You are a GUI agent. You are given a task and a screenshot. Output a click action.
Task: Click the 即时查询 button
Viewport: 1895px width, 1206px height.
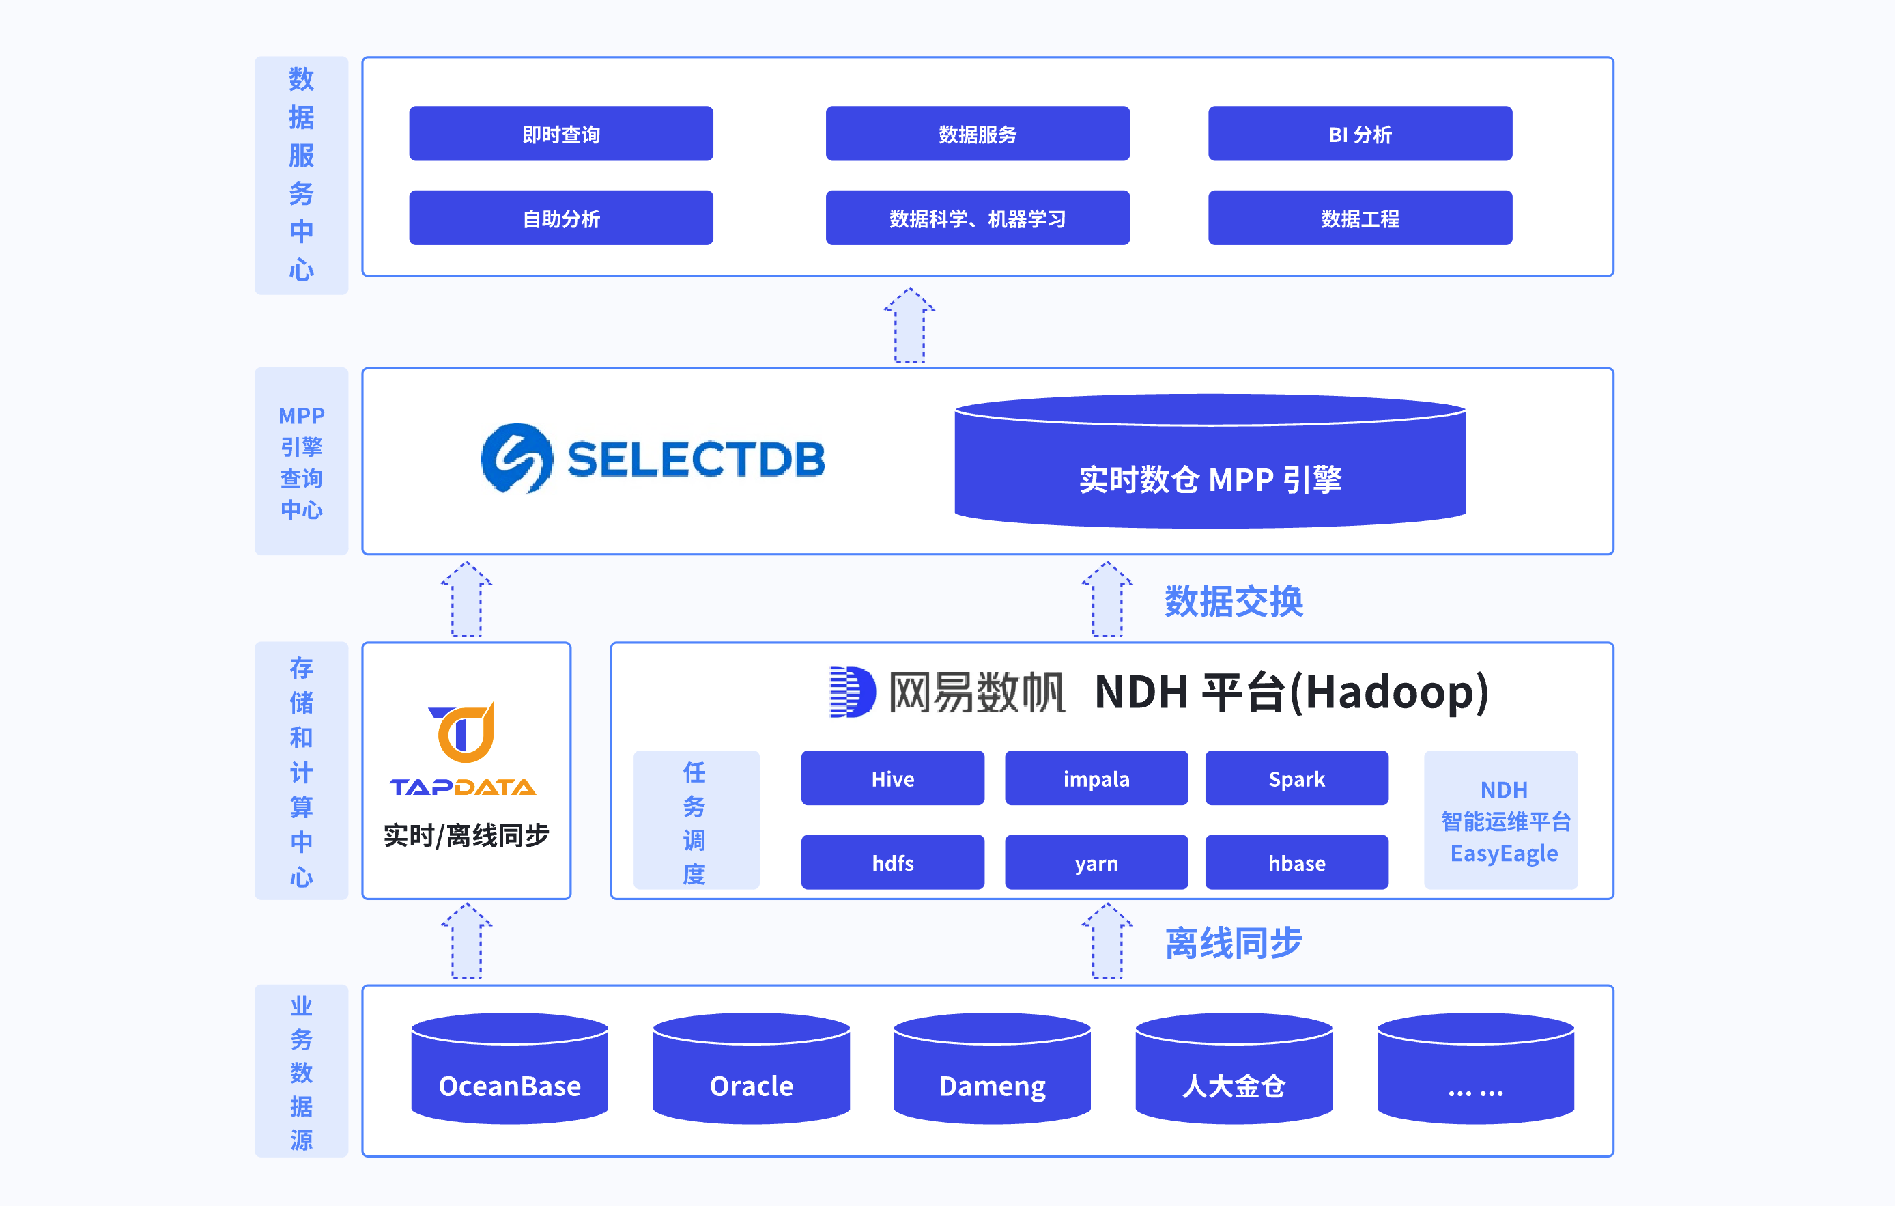(x=560, y=134)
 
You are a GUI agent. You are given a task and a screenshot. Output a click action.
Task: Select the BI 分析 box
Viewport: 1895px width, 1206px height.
(x=1359, y=134)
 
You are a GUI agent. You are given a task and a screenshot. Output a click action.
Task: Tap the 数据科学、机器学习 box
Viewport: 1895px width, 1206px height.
(x=977, y=218)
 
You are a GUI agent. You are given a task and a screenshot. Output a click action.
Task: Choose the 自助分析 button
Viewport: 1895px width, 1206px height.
(x=560, y=218)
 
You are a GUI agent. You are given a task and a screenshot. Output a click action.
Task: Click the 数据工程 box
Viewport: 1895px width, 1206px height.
(x=1359, y=218)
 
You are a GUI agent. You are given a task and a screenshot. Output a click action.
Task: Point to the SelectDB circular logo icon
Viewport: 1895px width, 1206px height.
(x=516, y=459)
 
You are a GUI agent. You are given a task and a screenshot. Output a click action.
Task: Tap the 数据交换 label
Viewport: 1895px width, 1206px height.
(x=1233, y=602)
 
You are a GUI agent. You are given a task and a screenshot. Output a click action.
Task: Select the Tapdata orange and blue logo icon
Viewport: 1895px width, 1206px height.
(x=464, y=733)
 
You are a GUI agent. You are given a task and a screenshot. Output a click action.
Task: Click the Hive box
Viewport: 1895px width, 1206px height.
(x=892, y=779)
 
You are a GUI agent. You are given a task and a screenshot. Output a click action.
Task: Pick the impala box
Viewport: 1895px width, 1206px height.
(x=1096, y=779)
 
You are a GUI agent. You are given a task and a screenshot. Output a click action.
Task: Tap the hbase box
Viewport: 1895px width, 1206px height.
(x=1296, y=863)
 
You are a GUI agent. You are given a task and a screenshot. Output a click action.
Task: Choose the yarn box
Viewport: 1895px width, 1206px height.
(x=1096, y=863)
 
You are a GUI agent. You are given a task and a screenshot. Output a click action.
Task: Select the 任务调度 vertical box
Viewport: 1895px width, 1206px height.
(x=696, y=820)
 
